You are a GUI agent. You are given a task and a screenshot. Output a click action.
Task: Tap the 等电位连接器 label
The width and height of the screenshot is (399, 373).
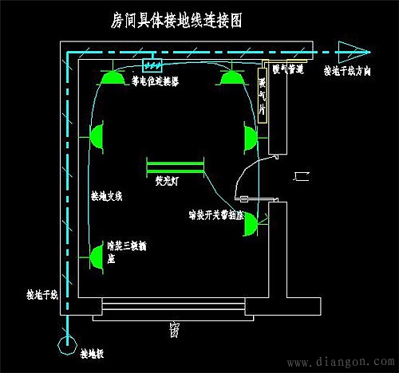(155, 81)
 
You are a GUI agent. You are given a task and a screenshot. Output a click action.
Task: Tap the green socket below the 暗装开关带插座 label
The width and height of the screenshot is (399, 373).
(250, 225)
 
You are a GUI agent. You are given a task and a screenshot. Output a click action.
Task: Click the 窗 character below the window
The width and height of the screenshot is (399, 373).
(174, 328)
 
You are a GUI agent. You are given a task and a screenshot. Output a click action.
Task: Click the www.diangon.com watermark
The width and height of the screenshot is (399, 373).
(344, 363)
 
